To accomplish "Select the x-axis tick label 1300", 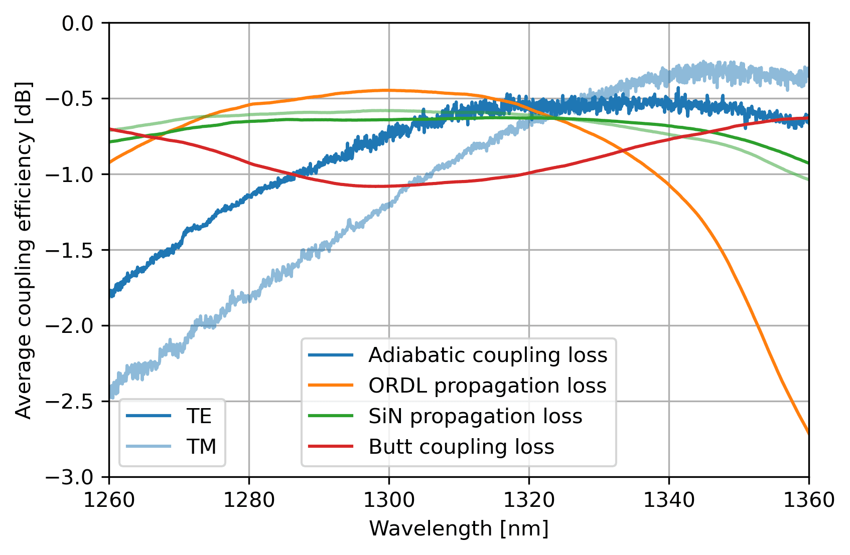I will point(389,500).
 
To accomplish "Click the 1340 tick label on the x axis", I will point(669,500).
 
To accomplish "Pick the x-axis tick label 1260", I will point(109,500).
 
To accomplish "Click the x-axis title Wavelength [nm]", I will point(459,529).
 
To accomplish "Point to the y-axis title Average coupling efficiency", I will point(24,250).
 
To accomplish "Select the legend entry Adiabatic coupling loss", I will point(487,355).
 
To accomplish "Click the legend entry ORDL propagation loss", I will point(487,386).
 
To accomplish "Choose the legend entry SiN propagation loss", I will point(475,417).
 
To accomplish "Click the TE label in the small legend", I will point(199,416).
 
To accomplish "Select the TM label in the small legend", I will point(201,447).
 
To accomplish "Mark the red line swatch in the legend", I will point(331,447).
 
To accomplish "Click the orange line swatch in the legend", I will point(331,386).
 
